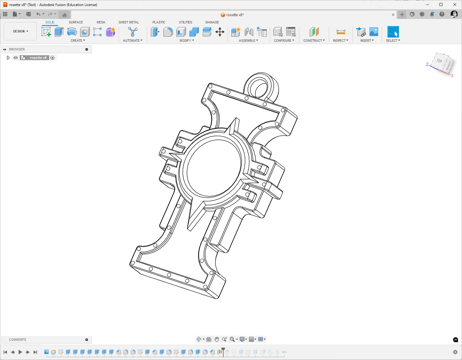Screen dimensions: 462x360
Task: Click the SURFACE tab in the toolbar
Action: pos(76,22)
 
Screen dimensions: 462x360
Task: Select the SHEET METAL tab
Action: pos(129,22)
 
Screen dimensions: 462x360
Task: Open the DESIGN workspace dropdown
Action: pos(20,31)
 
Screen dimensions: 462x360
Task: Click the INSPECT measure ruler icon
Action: pos(341,32)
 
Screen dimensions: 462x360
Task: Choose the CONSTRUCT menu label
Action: pos(314,41)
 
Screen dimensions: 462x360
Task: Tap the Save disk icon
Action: pos(28,14)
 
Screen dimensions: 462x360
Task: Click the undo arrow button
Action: pos(38,14)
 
